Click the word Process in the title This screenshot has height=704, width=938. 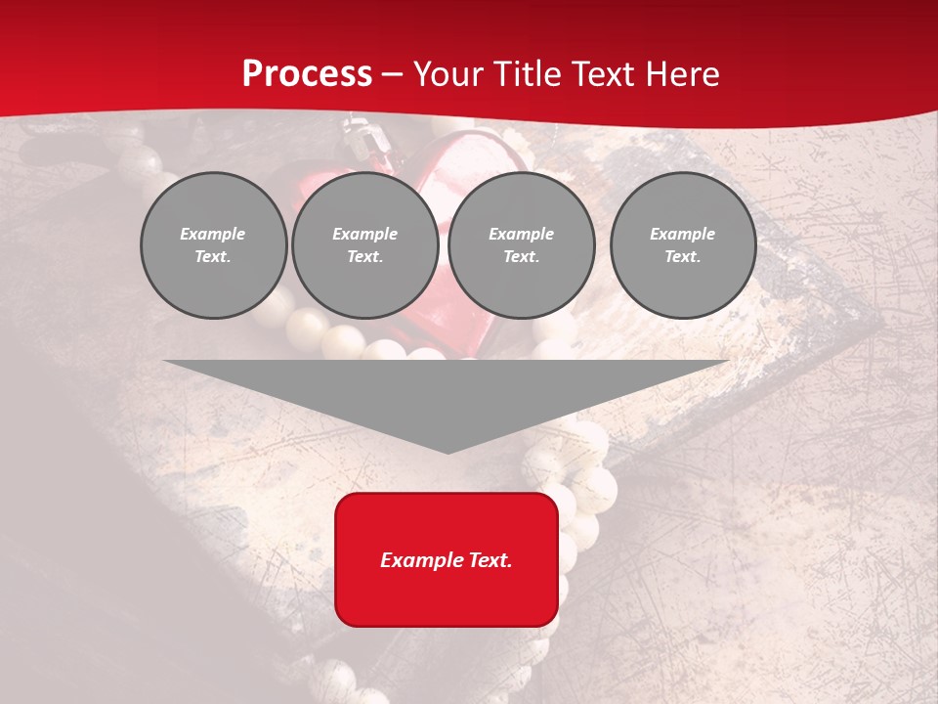coord(307,74)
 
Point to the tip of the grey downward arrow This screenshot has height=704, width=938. coord(448,451)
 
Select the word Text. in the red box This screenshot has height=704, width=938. coord(490,560)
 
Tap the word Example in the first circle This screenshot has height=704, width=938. coord(213,234)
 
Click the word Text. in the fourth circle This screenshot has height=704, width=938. coord(682,256)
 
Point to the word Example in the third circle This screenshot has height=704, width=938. coord(521,234)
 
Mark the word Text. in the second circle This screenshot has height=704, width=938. coord(364,256)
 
